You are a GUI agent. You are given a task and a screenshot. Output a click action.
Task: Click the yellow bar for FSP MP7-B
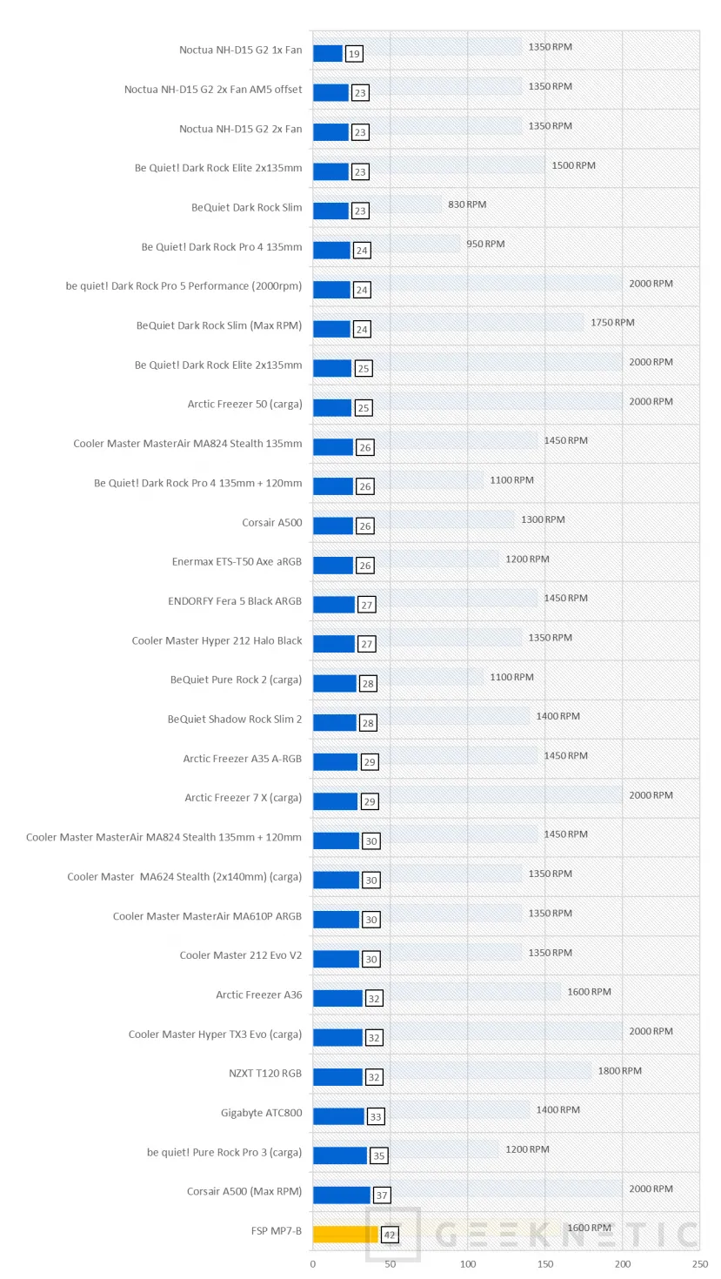click(x=345, y=1234)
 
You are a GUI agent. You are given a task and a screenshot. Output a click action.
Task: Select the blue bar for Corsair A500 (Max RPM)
click(x=341, y=1195)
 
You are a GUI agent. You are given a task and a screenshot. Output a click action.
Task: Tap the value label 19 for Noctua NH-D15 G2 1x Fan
click(x=353, y=54)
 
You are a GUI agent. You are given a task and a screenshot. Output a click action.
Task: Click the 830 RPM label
click(x=468, y=204)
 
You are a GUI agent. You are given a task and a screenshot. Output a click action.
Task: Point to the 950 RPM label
click(x=485, y=244)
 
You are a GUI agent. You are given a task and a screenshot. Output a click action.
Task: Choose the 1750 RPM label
click(x=612, y=323)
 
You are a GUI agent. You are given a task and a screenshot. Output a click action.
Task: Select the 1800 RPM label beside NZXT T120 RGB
click(x=619, y=1071)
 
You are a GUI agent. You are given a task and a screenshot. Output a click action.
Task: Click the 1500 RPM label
click(x=573, y=165)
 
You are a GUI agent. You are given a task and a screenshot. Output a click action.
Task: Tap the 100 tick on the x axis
click(x=468, y=1264)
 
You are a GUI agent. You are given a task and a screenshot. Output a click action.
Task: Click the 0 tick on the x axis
click(x=313, y=1264)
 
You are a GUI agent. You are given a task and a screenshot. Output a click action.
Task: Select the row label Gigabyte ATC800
click(x=261, y=1113)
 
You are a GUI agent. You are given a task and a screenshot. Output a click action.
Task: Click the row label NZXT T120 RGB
click(x=265, y=1074)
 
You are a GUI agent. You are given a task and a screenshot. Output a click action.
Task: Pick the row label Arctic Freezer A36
click(x=259, y=994)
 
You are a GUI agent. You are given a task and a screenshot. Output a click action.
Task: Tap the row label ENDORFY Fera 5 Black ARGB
click(x=235, y=601)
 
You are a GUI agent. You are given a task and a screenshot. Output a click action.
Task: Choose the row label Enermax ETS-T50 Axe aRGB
click(x=237, y=562)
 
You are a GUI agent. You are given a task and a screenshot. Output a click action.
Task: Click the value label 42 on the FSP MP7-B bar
click(x=389, y=1235)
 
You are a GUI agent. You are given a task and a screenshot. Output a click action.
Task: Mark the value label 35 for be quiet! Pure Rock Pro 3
click(x=378, y=1156)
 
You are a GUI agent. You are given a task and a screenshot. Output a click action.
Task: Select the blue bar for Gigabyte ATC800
click(x=338, y=1116)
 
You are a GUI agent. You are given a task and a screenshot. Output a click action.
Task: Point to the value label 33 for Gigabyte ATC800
click(x=375, y=1116)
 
